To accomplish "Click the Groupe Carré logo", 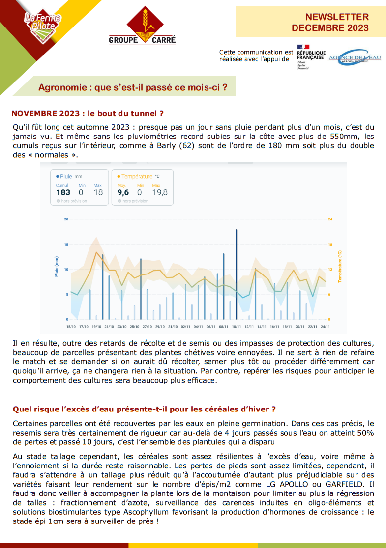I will point(142,26).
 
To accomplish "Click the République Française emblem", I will point(311,57).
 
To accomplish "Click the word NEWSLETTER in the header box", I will point(337,17).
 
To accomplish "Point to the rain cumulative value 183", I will point(63,192).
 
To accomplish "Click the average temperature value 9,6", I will point(123,192).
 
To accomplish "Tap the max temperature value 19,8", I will point(160,192).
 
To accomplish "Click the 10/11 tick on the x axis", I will point(237,326).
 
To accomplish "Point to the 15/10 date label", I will point(71,326).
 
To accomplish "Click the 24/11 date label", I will point(325,326).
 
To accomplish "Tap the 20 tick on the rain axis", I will point(66,219).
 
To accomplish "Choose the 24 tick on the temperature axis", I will point(330,219).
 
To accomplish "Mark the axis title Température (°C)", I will point(339,266).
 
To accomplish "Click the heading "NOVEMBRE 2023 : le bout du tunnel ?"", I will point(88,114).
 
